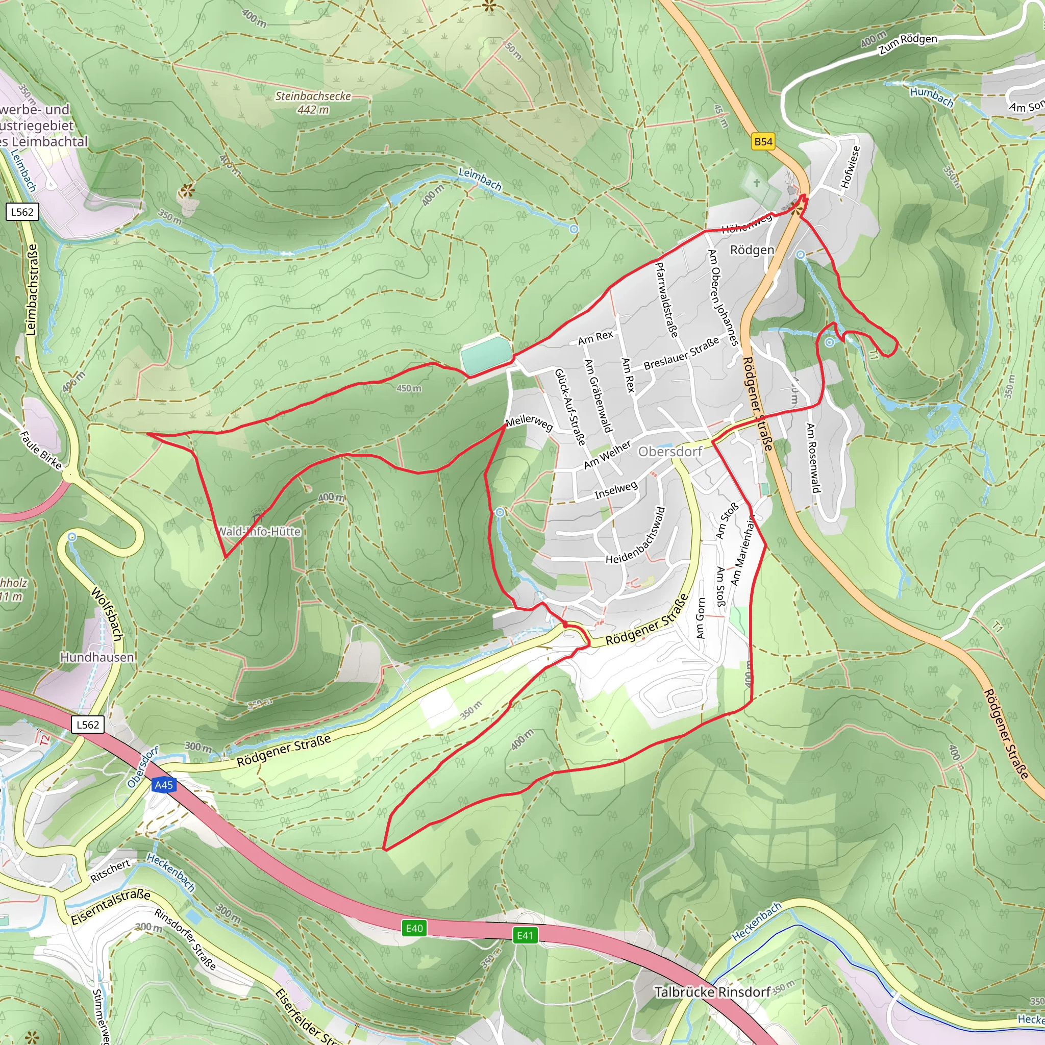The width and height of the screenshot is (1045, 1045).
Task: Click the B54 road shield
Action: (x=763, y=142)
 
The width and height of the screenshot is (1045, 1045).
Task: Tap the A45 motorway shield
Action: (x=164, y=785)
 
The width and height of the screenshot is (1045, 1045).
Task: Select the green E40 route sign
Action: (x=414, y=929)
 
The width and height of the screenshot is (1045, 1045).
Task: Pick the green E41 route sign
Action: (x=525, y=936)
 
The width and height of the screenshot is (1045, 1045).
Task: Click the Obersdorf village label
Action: (x=670, y=452)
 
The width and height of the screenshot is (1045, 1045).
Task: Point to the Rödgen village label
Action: (x=752, y=250)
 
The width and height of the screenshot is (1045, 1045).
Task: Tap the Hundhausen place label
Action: (x=97, y=657)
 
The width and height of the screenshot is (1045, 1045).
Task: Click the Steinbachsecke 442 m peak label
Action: (x=313, y=102)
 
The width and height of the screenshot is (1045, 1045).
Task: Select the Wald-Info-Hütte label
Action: (x=259, y=532)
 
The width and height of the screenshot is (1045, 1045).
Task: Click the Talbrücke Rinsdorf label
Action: (x=712, y=992)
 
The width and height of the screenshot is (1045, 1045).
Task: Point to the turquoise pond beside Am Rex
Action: (x=485, y=354)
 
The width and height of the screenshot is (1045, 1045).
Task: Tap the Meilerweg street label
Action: (x=529, y=422)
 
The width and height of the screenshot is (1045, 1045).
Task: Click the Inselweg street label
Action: (x=616, y=490)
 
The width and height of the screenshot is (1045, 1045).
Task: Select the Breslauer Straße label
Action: (x=682, y=353)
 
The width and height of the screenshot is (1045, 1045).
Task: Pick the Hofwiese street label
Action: (x=850, y=166)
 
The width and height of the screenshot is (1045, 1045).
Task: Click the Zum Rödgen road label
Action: (x=908, y=44)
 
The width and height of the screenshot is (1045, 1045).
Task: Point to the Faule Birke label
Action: (x=41, y=450)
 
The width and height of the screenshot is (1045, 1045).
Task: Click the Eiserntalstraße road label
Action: (x=111, y=907)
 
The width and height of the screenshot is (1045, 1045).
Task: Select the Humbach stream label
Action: (x=931, y=97)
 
